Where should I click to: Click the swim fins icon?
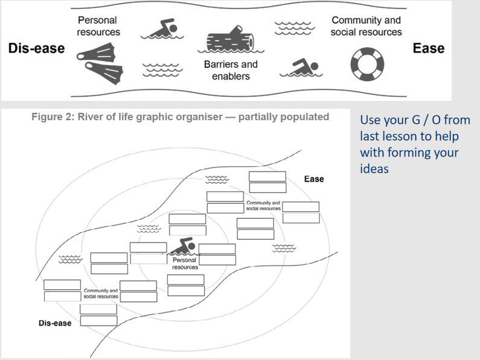point(100,65)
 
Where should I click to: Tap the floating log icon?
point(229,40)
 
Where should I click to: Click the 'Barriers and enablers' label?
point(231,70)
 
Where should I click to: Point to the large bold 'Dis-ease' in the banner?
point(36,48)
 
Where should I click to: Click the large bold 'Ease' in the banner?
point(428,48)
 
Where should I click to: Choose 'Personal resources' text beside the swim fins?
point(98,26)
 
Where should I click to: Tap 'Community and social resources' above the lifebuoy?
point(366,26)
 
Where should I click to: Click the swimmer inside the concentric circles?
point(182,247)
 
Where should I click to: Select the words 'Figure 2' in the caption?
point(53,117)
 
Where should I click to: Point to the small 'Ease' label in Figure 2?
point(314,179)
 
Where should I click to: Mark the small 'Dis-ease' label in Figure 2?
point(55,323)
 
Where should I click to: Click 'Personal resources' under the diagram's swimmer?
point(185,263)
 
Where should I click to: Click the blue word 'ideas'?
point(374,168)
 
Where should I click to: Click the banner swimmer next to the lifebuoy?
point(300,69)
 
